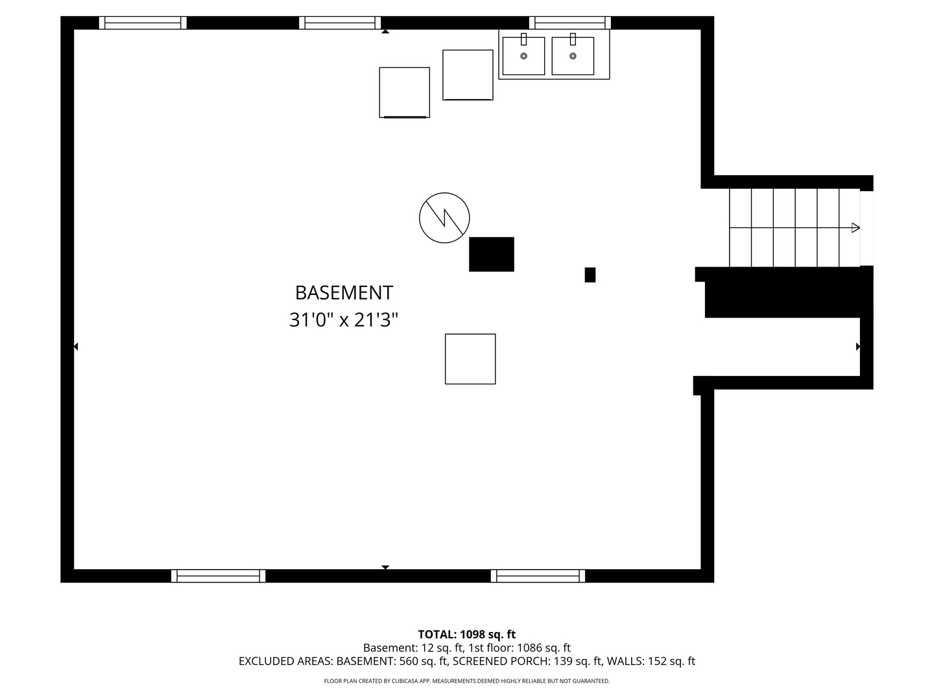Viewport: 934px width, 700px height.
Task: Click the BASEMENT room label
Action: coord(343,293)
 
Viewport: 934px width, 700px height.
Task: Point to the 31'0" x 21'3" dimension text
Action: coord(343,320)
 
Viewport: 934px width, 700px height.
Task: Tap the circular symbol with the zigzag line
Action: coord(444,218)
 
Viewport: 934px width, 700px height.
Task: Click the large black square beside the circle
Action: coord(492,254)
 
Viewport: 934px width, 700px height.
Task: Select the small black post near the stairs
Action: coord(590,275)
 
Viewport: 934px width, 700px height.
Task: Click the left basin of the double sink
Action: coord(523,56)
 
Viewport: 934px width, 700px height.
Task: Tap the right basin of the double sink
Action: coord(573,56)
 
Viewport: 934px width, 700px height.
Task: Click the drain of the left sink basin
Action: coord(524,56)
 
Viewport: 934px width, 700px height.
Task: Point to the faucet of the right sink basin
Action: coord(573,39)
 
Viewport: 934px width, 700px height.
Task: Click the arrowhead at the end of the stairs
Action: coord(856,227)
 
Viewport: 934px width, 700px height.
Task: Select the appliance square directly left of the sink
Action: coord(468,75)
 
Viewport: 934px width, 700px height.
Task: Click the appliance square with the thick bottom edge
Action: coord(404,92)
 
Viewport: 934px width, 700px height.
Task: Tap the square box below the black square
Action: coord(470,358)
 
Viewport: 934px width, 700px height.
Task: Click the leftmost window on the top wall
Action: coord(143,23)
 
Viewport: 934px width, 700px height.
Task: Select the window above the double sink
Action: coord(569,23)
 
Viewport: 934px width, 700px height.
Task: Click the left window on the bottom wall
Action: coord(219,576)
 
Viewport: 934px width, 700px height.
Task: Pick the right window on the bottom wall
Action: coord(538,576)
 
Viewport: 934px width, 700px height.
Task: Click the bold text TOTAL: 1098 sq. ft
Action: coord(467,635)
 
